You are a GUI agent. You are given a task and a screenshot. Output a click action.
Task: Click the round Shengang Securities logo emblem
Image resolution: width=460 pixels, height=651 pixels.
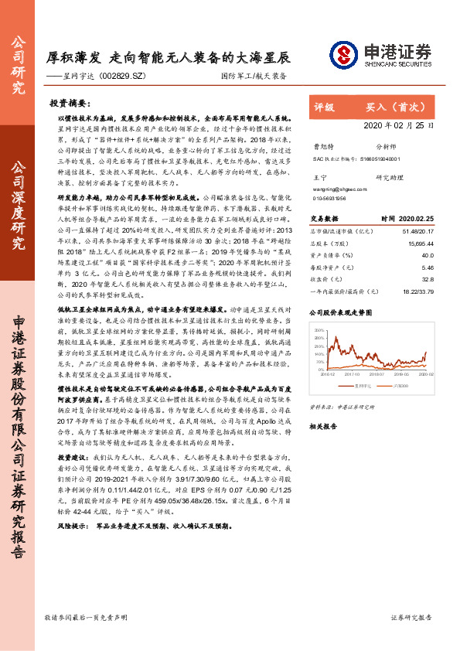click(345, 54)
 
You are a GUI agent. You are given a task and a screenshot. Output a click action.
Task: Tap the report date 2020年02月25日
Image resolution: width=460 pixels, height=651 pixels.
click(399, 124)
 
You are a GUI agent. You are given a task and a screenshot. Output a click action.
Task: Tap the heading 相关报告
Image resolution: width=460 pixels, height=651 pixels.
click(325, 426)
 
